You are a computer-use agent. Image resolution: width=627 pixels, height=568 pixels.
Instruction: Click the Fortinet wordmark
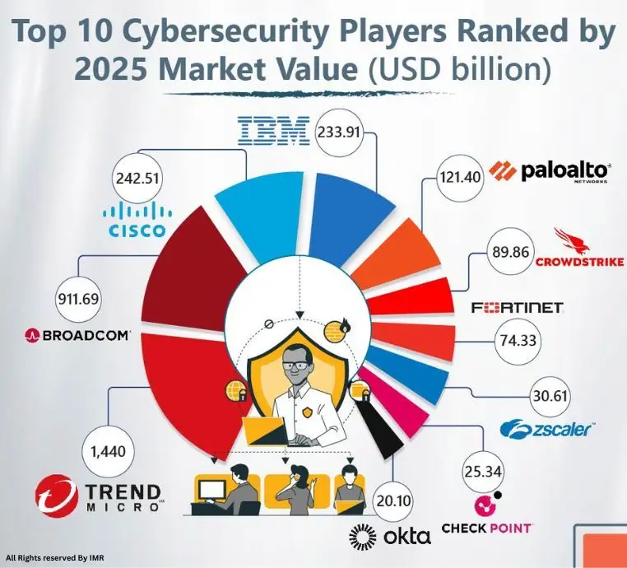click(x=517, y=307)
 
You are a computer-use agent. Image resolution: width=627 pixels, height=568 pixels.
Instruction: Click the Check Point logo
click(x=486, y=514)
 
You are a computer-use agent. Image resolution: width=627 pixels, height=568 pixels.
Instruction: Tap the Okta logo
click(x=390, y=537)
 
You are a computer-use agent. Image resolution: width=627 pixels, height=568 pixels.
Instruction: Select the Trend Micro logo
click(x=97, y=497)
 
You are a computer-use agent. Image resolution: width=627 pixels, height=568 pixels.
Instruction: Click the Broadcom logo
click(x=78, y=335)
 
